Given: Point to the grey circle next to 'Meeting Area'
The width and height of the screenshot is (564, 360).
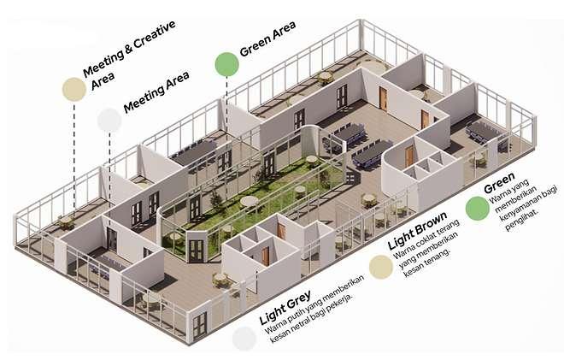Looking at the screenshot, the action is click(x=109, y=120).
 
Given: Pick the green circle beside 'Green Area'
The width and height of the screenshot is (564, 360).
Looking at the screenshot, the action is click(x=226, y=64).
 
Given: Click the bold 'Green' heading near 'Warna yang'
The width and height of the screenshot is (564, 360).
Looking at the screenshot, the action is click(x=499, y=188).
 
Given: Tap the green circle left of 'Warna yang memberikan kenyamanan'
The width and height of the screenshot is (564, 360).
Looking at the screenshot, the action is click(x=478, y=208).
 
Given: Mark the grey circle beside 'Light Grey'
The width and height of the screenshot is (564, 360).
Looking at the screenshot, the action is click(x=245, y=338).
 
